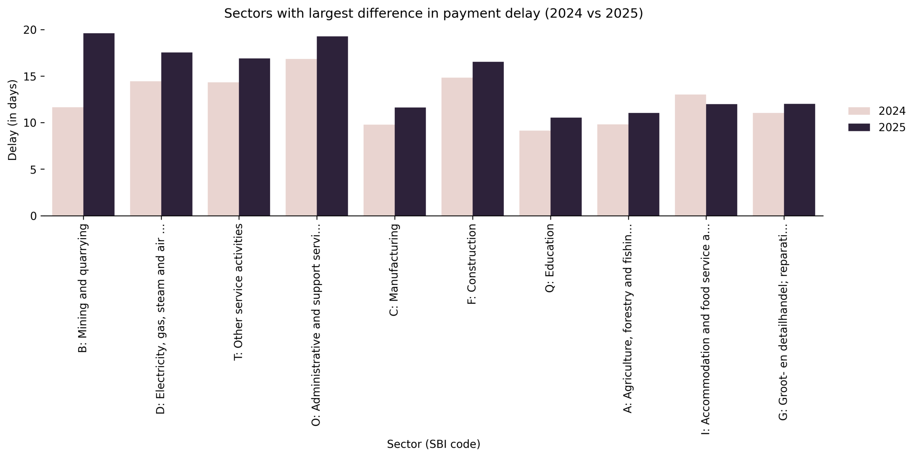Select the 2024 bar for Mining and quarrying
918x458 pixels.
(x=68, y=161)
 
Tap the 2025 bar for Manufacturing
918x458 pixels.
(x=410, y=161)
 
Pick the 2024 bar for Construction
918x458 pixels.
(x=456, y=147)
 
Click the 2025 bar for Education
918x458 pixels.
(x=566, y=166)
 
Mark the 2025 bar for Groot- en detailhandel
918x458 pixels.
(x=799, y=160)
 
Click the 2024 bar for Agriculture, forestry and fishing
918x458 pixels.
(x=612, y=170)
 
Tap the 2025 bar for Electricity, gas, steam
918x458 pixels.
(x=176, y=134)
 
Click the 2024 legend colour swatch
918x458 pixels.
(x=859, y=111)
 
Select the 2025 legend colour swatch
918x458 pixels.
(x=859, y=127)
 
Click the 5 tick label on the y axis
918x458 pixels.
(x=33, y=170)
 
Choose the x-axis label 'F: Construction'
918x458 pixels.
(x=472, y=264)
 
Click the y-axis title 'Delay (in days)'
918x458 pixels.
(x=13, y=120)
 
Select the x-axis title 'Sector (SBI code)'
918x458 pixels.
(x=433, y=444)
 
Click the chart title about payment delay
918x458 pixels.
(x=433, y=14)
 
